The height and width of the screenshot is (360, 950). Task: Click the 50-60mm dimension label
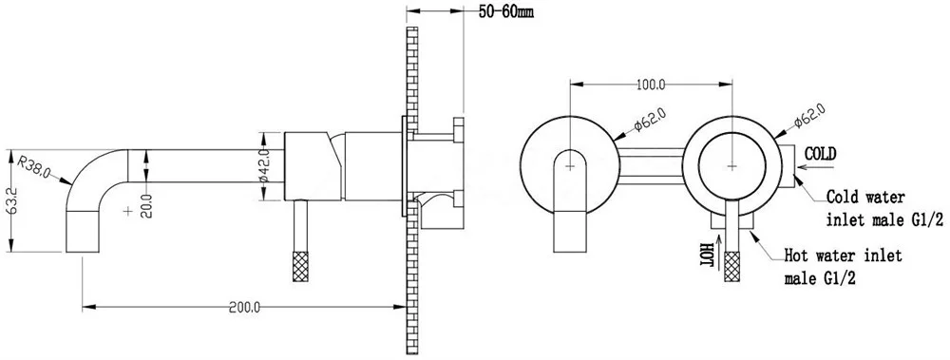(506, 12)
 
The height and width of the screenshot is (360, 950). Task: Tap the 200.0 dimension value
(244, 307)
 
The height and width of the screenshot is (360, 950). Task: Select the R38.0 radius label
(33, 166)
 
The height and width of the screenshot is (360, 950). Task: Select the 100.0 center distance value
(651, 85)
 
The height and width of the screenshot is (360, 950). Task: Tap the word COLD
(821, 153)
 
